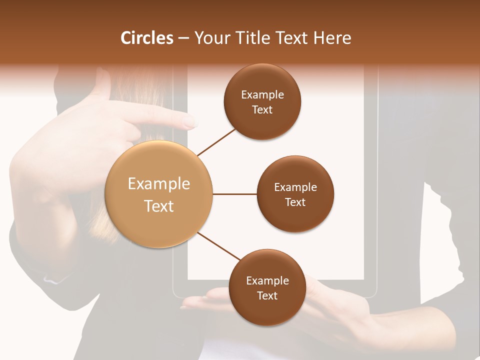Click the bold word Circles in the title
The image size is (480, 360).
coord(147,38)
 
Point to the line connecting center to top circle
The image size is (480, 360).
coord(217,141)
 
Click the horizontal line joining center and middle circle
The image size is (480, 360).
coord(234,194)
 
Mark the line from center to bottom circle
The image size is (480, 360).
coord(219,246)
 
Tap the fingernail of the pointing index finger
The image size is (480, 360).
coord(190,120)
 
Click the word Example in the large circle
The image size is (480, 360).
coord(159,184)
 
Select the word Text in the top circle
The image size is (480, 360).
coord(262,109)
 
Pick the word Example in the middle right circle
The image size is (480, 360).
coord(295,187)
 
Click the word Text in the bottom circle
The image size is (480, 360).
coord(267,295)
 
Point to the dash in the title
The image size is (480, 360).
coord(183,38)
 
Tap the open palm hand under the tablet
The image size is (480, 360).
coord(210,302)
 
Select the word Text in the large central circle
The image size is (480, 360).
coord(159,206)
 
